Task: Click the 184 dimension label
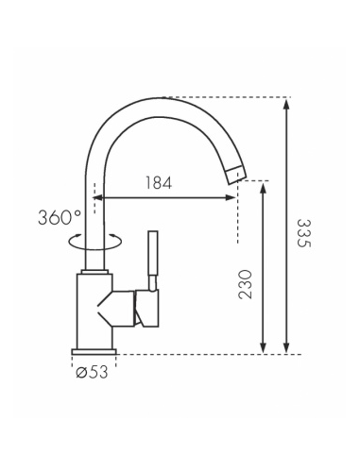coord(159,183)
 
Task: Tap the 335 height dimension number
coord(304,233)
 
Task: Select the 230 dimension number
coord(246,284)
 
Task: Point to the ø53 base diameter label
coord(92,372)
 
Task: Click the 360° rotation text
coord(60,217)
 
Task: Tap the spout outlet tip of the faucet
coord(236,175)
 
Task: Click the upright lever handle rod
coord(153,253)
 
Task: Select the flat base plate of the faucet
coord(94,352)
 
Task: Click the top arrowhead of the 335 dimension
coord(286,104)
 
